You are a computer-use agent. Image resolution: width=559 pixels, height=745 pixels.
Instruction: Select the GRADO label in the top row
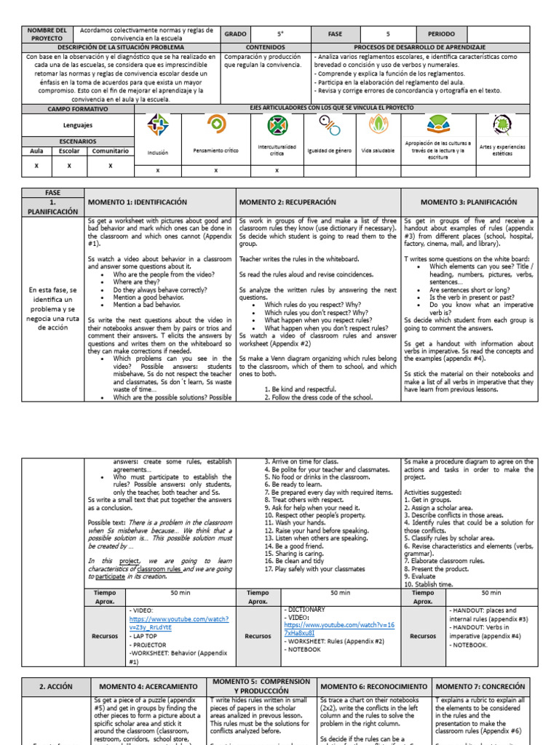[x=235, y=34]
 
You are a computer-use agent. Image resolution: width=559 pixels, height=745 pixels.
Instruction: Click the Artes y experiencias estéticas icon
[x=502, y=127]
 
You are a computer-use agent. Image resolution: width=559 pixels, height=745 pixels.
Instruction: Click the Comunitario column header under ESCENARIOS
[x=110, y=151]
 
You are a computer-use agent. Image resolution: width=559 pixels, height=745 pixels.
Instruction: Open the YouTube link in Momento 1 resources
[x=178, y=623]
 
